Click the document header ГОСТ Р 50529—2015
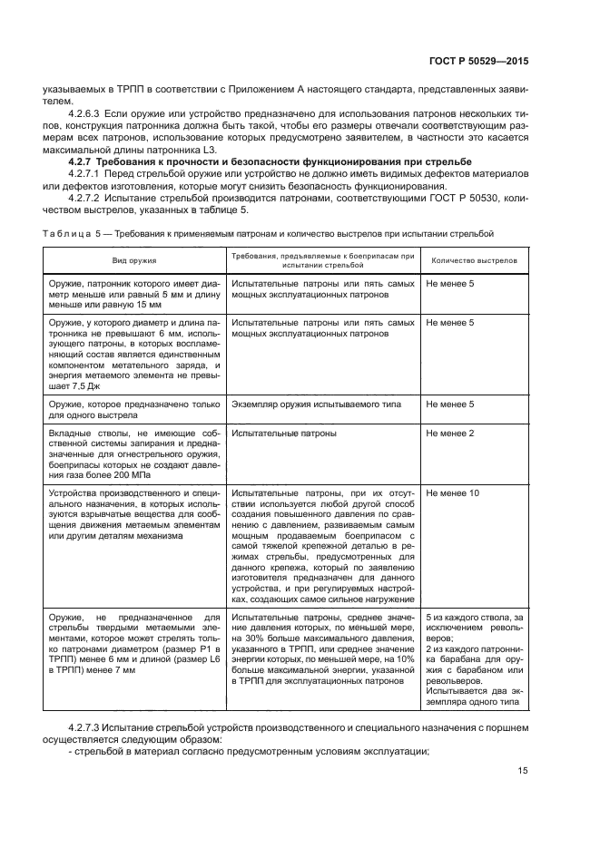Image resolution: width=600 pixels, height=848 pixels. pos(479,61)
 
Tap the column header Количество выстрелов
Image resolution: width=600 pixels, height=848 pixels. pos(474,260)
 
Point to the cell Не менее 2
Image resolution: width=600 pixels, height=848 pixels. pos(449,434)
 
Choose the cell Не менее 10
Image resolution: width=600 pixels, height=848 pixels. pos(452,492)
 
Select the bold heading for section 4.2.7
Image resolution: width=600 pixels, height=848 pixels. pos(281,161)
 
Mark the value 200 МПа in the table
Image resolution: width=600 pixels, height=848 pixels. pos(132,474)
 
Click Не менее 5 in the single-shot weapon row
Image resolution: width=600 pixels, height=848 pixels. pos(449,404)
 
